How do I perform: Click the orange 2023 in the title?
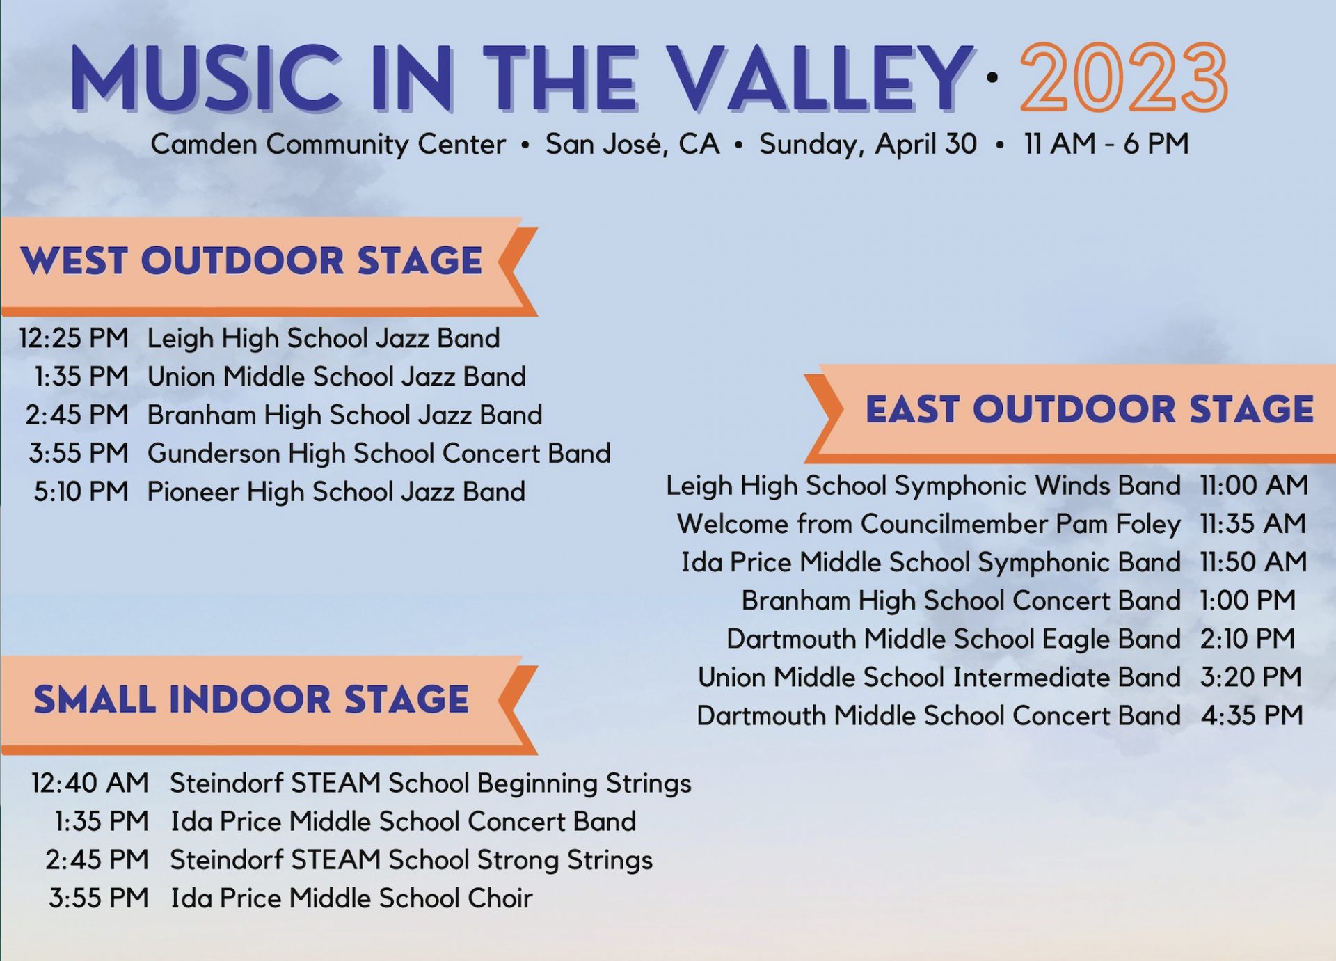[1124, 77]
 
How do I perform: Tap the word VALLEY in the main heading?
[819, 78]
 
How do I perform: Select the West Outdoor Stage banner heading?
[251, 261]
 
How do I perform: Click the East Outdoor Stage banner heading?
[1090, 409]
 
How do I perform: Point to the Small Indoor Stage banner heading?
[251, 699]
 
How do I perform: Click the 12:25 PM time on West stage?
[74, 339]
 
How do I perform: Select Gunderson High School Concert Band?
[379, 454]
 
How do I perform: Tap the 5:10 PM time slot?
[81, 492]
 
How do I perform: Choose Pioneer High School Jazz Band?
[336, 492]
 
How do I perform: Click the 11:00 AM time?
[1254, 486]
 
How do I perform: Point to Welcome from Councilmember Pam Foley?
[929, 524]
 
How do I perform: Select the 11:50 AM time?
[1253, 562]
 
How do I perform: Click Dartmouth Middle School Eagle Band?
[953, 640]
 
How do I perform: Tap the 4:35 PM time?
[1252, 715]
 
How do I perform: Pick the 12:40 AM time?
[90, 784]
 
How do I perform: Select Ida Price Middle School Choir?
[351, 898]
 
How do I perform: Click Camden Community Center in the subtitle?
[328, 145]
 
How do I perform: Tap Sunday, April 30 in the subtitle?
[868, 145]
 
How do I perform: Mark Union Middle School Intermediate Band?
[939, 677]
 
